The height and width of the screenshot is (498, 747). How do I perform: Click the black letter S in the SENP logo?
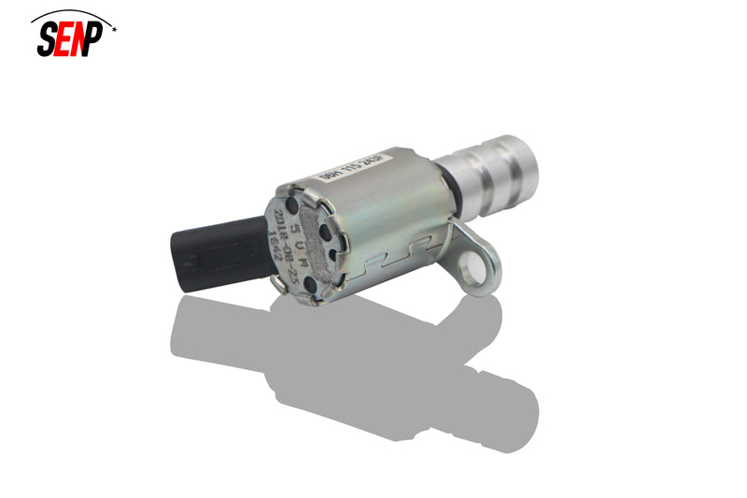click(47, 39)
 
